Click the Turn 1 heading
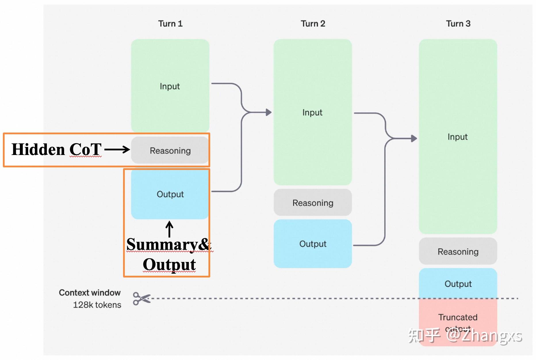[170, 24]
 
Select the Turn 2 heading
[313, 24]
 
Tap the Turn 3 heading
[458, 24]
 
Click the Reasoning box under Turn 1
[170, 150]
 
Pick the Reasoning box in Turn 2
[313, 203]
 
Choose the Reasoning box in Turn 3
[458, 252]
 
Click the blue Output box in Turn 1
[170, 194]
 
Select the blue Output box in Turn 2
[313, 244]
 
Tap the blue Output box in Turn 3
[458, 284]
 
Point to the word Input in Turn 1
[170, 86]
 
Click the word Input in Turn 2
[312, 112]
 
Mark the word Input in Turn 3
[457, 137]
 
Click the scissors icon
[141, 298]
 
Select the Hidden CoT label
[56, 150]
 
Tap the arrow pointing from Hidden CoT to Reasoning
[117, 150]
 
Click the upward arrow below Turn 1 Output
[169, 229]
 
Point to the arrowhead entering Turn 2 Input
[269, 112]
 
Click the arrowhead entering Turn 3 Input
[414, 139]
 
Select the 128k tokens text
[97, 305]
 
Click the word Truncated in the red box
[458, 317]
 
